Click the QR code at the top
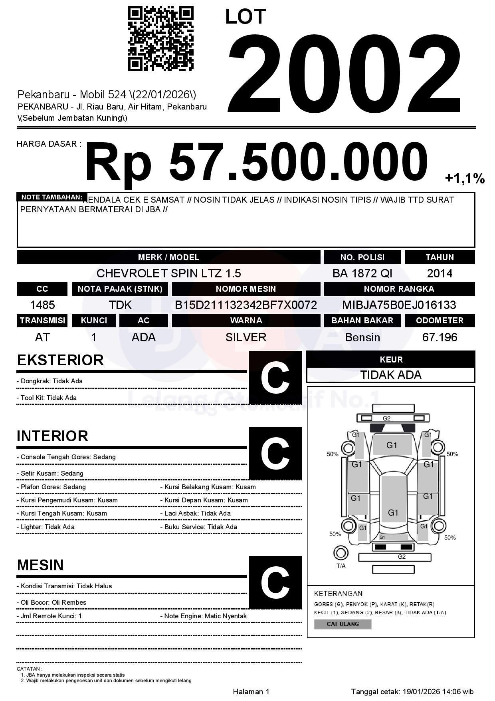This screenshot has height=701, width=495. pos(160,39)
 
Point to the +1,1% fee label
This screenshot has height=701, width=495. pos(465,179)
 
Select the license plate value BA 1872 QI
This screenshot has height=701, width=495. pos(362,273)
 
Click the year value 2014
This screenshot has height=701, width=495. pos(440,273)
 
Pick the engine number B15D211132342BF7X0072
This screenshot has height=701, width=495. pos(246,305)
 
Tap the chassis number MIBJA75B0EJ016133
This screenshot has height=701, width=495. pos(399,305)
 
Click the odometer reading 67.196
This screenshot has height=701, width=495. pos(440,337)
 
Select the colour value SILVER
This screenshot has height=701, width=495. pos(246,337)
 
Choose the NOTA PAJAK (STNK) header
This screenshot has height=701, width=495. pos(120,289)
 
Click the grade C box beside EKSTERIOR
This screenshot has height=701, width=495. pos(275,378)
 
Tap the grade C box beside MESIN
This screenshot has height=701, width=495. pos(275,582)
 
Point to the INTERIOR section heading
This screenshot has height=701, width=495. pos(52,436)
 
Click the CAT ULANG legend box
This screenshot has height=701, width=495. pos(343,624)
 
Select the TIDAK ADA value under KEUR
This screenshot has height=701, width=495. pos(391,375)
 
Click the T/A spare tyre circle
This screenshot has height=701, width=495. pos(341,553)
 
